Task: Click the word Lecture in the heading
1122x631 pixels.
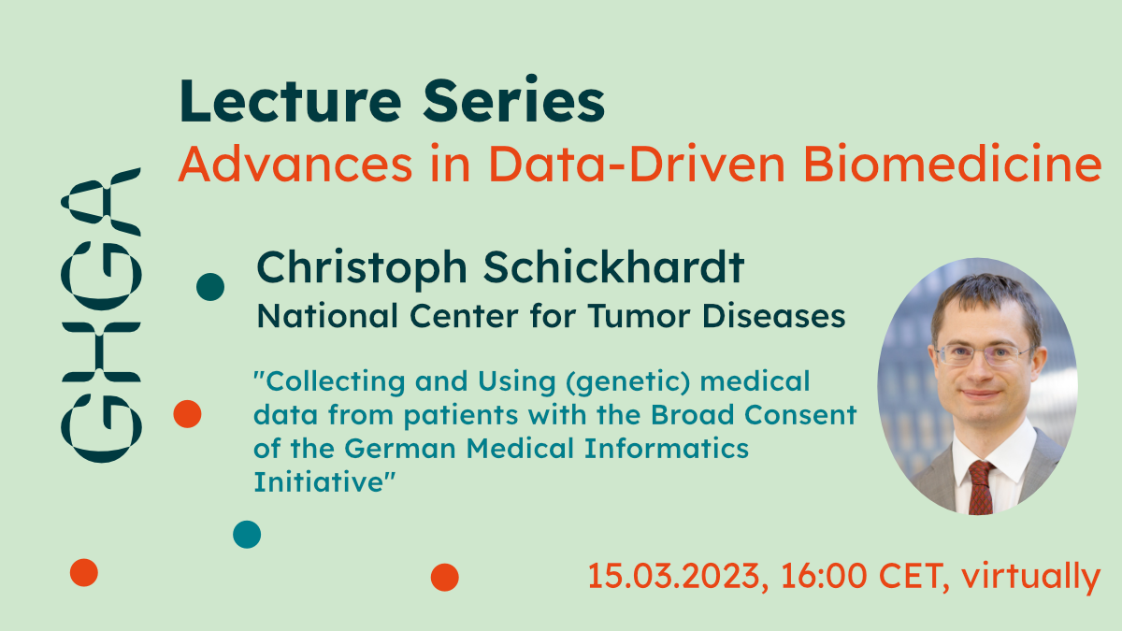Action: (x=291, y=101)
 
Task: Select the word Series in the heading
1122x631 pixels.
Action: (x=514, y=100)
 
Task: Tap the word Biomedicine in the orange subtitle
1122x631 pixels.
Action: (x=952, y=164)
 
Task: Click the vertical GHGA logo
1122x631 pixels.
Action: (x=101, y=315)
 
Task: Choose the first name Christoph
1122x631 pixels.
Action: (x=362, y=269)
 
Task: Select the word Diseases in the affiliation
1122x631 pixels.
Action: (x=774, y=316)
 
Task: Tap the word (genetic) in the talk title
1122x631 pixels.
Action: (x=628, y=382)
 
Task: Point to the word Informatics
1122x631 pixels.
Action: (x=667, y=448)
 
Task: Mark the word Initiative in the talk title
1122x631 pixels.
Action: (x=324, y=481)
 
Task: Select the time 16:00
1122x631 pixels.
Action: (x=824, y=576)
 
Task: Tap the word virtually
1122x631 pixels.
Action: (x=1030, y=577)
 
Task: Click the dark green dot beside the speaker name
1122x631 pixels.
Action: (x=210, y=287)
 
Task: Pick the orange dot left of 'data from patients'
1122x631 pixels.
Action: (x=187, y=414)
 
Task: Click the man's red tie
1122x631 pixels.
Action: (x=980, y=488)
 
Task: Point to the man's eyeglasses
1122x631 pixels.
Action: (x=983, y=354)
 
